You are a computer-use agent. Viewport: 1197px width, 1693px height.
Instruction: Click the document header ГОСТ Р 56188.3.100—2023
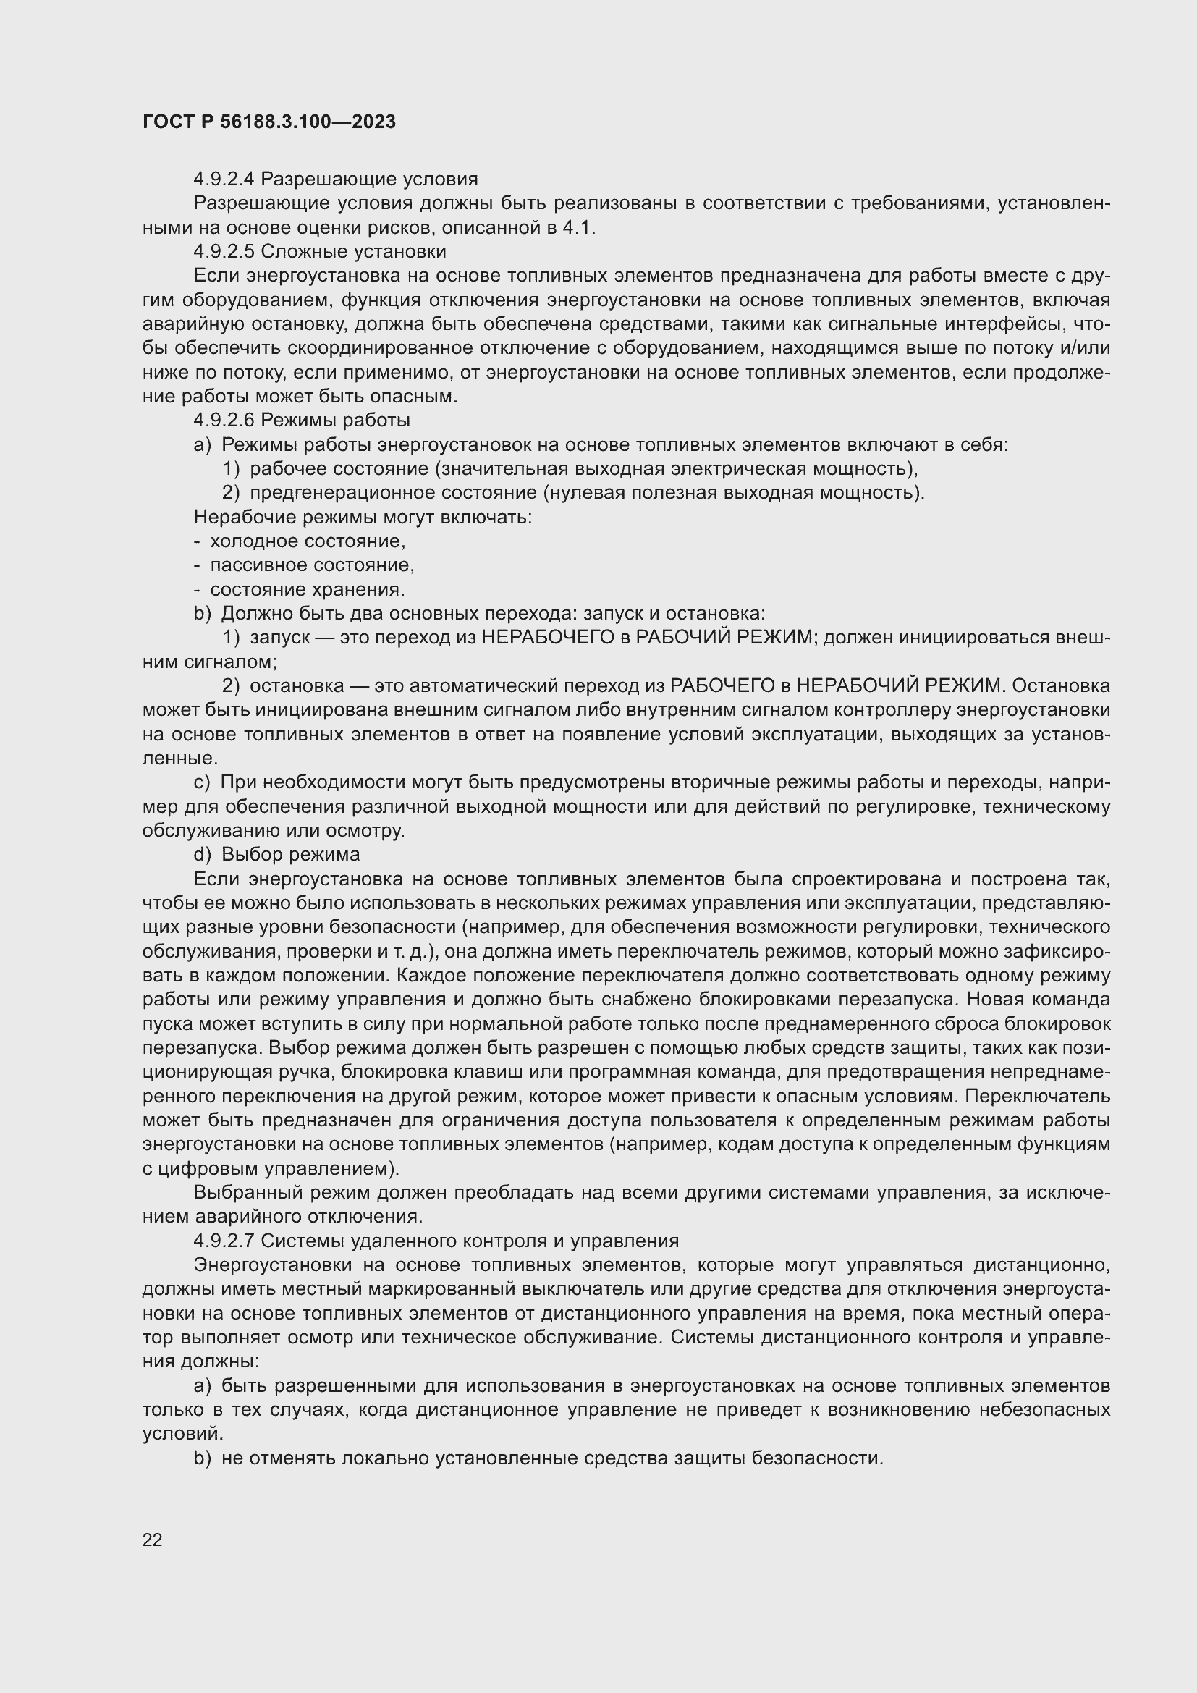tap(269, 122)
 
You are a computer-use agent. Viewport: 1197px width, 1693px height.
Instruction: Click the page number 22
tap(153, 1540)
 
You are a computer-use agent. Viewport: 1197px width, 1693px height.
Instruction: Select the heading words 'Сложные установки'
tap(354, 251)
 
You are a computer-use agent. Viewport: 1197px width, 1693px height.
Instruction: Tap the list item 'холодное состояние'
tap(308, 541)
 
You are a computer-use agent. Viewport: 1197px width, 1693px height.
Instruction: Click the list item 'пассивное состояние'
tap(312, 565)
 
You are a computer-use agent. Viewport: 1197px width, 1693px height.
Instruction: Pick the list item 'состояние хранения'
tap(308, 590)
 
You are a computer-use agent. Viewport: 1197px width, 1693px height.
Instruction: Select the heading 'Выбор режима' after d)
tap(290, 855)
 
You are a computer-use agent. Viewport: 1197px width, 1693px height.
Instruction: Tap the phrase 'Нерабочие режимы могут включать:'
tap(363, 517)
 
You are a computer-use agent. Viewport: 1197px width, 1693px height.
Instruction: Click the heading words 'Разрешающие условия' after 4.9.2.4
tap(369, 180)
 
